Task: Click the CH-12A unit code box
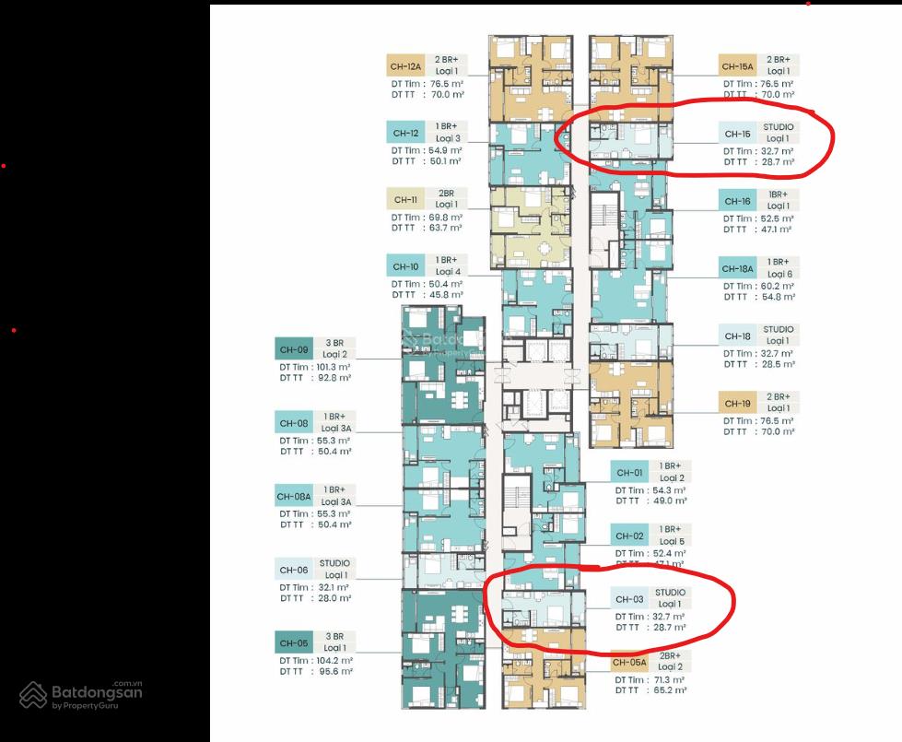405,65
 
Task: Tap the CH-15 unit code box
739,134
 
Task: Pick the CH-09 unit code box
294,348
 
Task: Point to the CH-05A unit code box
629,662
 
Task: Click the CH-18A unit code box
739,269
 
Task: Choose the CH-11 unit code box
405,199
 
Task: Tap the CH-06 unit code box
294,570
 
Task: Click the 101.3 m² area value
333,366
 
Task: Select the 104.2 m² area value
334,661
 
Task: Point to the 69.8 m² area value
444,217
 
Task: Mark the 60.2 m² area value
777,286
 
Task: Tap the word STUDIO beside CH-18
778,329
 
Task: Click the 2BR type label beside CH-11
446,193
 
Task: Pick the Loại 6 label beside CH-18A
779,274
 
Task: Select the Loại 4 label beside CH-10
448,272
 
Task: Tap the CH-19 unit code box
739,403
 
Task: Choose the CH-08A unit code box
295,496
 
